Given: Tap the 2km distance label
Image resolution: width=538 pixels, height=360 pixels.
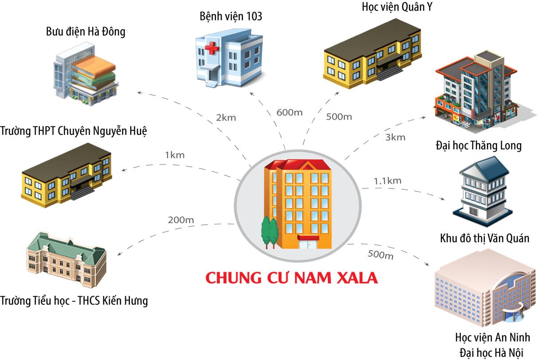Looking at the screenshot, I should click(x=226, y=118).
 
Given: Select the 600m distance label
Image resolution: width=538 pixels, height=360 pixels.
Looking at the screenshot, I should click(x=289, y=112).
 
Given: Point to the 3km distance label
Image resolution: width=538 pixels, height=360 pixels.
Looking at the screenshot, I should click(x=395, y=137).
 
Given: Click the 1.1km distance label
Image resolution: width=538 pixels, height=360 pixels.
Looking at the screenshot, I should click(x=387, y=180).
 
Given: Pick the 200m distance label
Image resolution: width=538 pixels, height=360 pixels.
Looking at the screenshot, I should click(x=181, y=219).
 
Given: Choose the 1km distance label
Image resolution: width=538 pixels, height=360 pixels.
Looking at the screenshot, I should click(x=175, y=155).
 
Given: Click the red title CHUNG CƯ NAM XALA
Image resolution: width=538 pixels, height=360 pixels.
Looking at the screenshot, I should click(x=292, y=278).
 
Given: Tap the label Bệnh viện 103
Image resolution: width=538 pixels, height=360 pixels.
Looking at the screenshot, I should click(x=231, y=17).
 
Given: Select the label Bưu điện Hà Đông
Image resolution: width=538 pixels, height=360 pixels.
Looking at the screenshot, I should click(x=86, y=32).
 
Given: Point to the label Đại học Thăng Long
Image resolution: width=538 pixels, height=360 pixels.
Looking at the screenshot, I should click(x=479, y=145).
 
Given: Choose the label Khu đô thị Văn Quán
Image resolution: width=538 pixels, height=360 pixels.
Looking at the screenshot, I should click(x=485, y=238).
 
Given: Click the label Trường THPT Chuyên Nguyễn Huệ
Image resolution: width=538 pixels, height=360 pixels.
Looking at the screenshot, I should click(x=74, y=131).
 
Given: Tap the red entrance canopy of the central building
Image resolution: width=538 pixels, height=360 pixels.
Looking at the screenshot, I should click(x=308, y=238).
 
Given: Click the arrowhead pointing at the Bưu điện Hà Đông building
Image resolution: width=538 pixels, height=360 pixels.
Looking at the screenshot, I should click(x=139, y=92).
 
